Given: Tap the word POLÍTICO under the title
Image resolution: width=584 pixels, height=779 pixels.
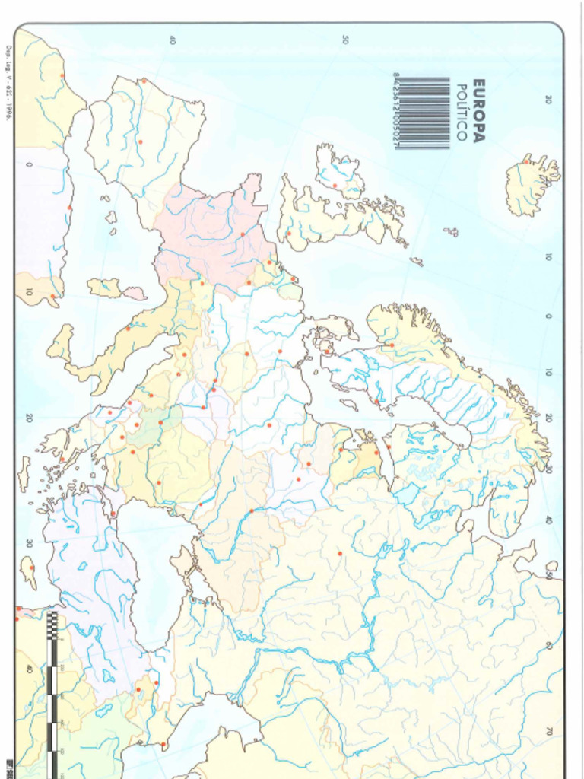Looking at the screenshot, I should pos(461,111).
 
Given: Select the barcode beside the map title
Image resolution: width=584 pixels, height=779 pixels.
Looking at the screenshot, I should pos(423,111).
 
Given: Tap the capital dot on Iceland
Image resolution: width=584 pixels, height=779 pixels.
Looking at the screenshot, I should pos(525,161).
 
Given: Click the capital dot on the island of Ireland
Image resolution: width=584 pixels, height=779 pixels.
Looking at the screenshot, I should pos(335,186).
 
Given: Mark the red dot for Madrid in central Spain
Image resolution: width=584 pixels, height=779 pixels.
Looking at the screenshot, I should pos(140,141).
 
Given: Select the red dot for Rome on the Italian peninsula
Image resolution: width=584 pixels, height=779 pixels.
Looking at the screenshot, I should pos(129,328).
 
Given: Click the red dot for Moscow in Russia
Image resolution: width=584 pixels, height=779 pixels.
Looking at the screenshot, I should pos(340,553).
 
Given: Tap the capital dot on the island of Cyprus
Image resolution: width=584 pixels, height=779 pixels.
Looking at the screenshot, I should pos(32,568).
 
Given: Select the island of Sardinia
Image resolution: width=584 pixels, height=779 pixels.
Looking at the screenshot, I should pos(103,287).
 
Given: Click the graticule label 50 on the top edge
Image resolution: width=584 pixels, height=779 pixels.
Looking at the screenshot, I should pos(345,39).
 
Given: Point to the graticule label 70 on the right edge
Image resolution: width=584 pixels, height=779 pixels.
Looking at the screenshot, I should pos(548,730).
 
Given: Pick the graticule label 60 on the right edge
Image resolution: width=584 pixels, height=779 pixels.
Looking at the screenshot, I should pos(548,645).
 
